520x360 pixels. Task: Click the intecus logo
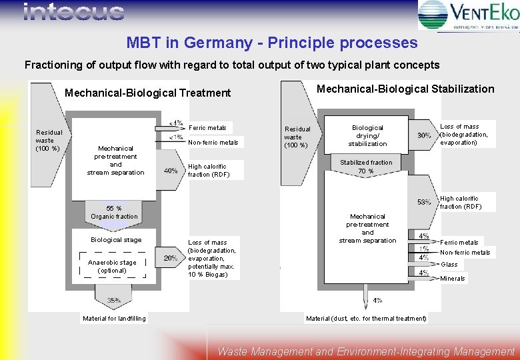point(73,13)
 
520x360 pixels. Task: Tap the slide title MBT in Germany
point(272,43)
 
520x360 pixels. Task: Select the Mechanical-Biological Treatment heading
point(147,93)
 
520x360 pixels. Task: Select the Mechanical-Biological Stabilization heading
point(405,89)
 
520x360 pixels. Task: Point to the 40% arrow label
point(171,171)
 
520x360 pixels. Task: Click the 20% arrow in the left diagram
point(171,258)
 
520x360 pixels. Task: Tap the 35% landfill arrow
point(114,300)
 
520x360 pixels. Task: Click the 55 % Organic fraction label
point(114,212)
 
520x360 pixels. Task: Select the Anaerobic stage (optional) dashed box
point(112,266)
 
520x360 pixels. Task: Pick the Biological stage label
point(116,239)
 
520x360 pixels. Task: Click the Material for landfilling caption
point(114,319)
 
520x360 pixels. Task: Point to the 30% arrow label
point(423,135)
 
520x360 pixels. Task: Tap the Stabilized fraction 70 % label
point(366,167)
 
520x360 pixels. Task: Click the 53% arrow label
point(423,202)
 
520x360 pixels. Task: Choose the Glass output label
point(449,265)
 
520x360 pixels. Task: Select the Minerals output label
point(453,278)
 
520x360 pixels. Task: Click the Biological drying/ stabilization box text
point(367,135)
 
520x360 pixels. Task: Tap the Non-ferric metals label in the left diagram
point(213,143)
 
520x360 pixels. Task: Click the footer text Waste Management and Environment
point(366,351)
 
